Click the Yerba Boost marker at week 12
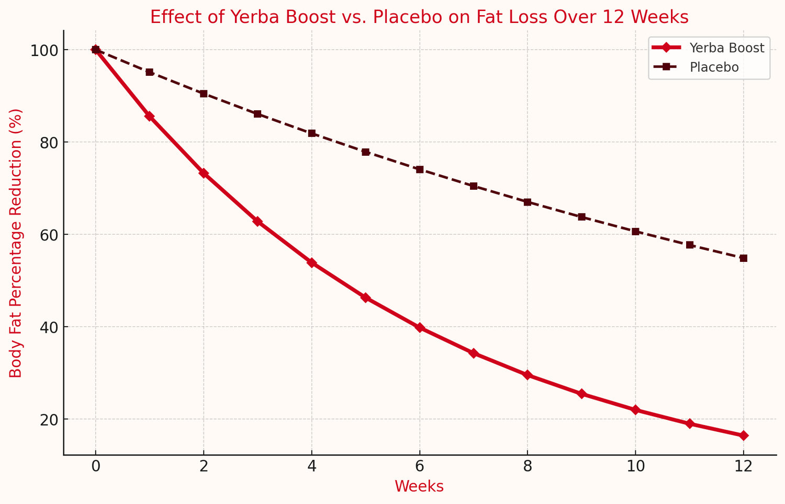[743, 436]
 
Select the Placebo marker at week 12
[743, 258]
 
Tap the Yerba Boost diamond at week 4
[311, 262]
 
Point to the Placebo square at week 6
[419, 169]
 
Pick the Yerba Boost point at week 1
[149, 116]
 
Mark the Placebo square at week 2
[204, 94]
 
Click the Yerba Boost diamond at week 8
[527, 375]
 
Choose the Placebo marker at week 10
[635, 232]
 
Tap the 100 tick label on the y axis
[44, 50]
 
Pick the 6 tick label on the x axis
[419, 466]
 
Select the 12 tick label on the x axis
[743, 466]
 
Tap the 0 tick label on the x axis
[95, 466]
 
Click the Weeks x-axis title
[419, 487]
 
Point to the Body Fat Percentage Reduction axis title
[16, 243]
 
